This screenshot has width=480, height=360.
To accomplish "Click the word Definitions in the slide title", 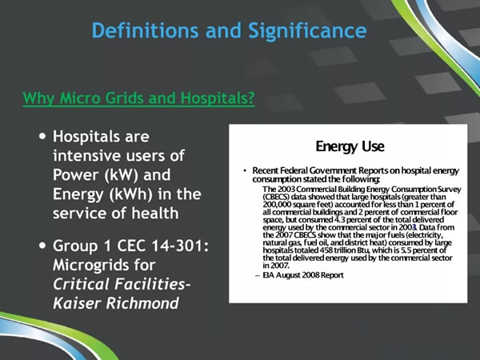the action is [x=145, y=30].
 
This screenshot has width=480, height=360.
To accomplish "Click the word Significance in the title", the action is [x=307, y=31].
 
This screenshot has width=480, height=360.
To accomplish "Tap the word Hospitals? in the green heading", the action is [x=218, y=98].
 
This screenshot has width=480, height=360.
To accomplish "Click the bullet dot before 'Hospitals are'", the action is [x=43, y=136].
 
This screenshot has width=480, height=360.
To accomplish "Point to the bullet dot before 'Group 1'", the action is [x=43, y=245].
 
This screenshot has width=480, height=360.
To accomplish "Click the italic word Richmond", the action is [x=142, y=303].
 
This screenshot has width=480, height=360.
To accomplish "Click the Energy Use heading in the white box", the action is [x=350, y=146].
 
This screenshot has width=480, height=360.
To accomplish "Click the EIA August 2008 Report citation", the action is [x=303, y=275].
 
